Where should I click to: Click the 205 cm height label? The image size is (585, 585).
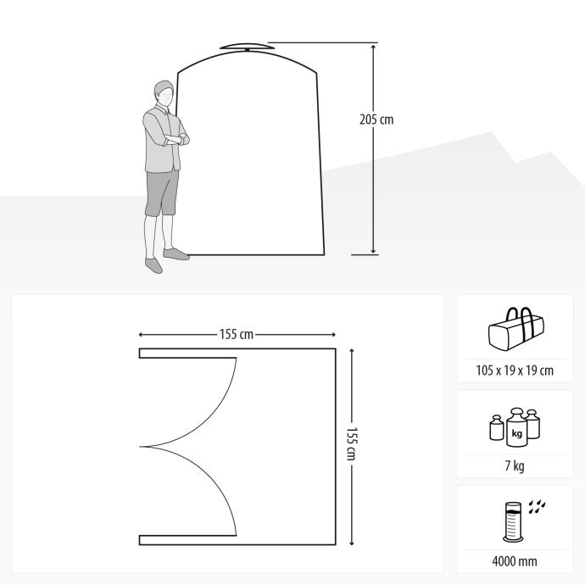click(376, 120)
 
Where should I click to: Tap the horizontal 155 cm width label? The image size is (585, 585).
click(237, 334)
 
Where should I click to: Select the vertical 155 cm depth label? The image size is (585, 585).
click(352, 443)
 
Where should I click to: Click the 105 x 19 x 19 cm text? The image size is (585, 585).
click(515, 370)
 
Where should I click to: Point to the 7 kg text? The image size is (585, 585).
click(515, 465)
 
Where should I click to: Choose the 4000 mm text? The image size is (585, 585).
click(515, 561)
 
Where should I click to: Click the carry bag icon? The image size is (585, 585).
click(516, 329)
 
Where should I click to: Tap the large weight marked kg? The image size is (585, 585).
click(516, 427)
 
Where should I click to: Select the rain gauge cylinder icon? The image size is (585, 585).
click(513, 522)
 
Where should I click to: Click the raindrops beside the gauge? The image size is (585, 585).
click(537, 506)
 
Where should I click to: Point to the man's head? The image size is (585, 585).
click(164, 93)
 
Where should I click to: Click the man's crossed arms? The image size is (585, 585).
click(176, 139)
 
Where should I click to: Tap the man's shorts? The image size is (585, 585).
click(161, 193)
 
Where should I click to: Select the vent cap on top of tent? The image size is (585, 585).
click(247, 47)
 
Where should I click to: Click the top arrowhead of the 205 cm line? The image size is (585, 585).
click(373, 47)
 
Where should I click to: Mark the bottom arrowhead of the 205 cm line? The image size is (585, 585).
click(373, 252)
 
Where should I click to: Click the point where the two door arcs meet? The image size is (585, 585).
click(140, 446)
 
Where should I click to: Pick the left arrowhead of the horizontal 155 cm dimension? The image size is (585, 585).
click(141, 335)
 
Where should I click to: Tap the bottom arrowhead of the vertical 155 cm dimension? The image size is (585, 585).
click(352, 543)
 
